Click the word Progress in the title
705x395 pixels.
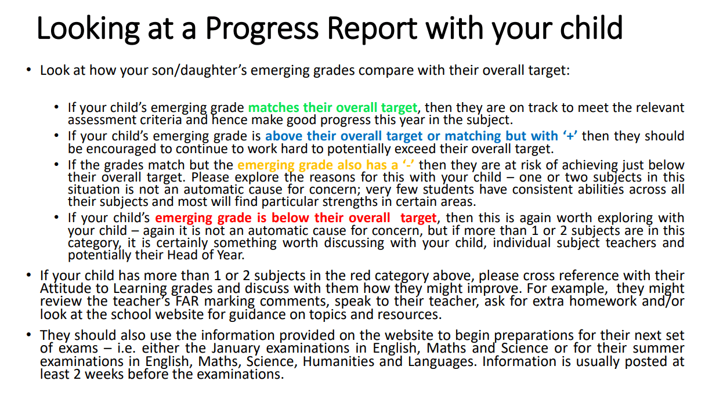click(262, 28)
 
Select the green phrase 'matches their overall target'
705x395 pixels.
click(332, 108)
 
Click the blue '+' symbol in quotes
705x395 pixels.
click(570, 136)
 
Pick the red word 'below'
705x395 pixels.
click(290, 218)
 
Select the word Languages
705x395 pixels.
click(441, 361)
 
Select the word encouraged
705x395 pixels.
click(121, 148)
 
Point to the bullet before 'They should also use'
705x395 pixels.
click(28, 335)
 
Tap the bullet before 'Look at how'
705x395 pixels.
click(28, 70)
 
